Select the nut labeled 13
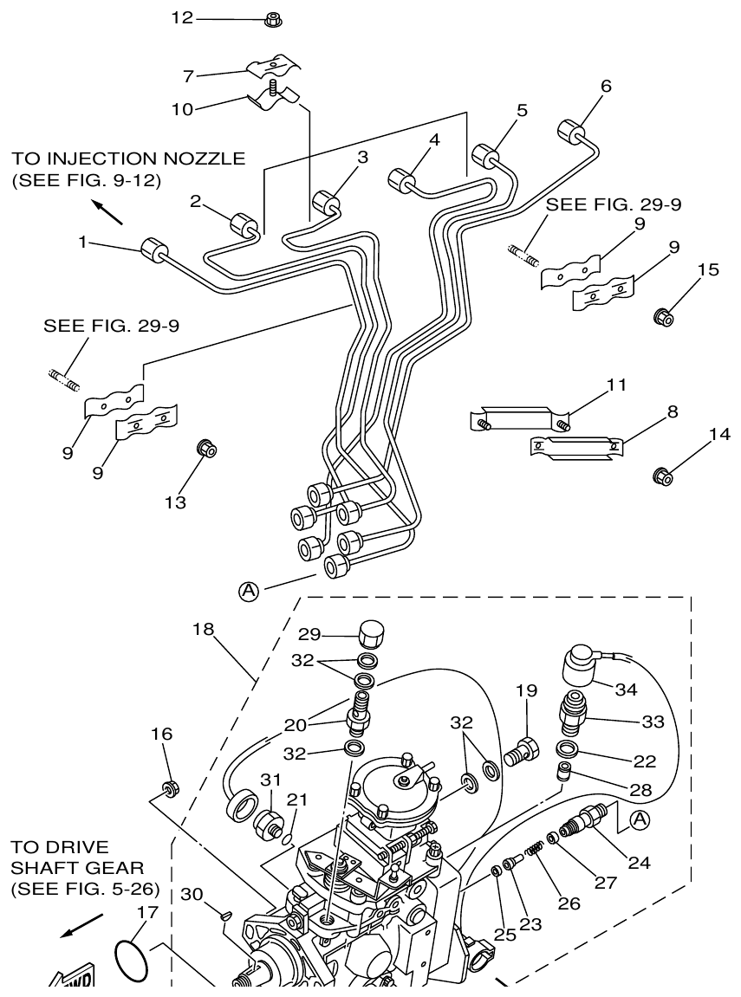point(207,449)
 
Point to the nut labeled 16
point(170,788)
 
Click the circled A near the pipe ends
point(249,591)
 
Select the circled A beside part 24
point(639,818)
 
